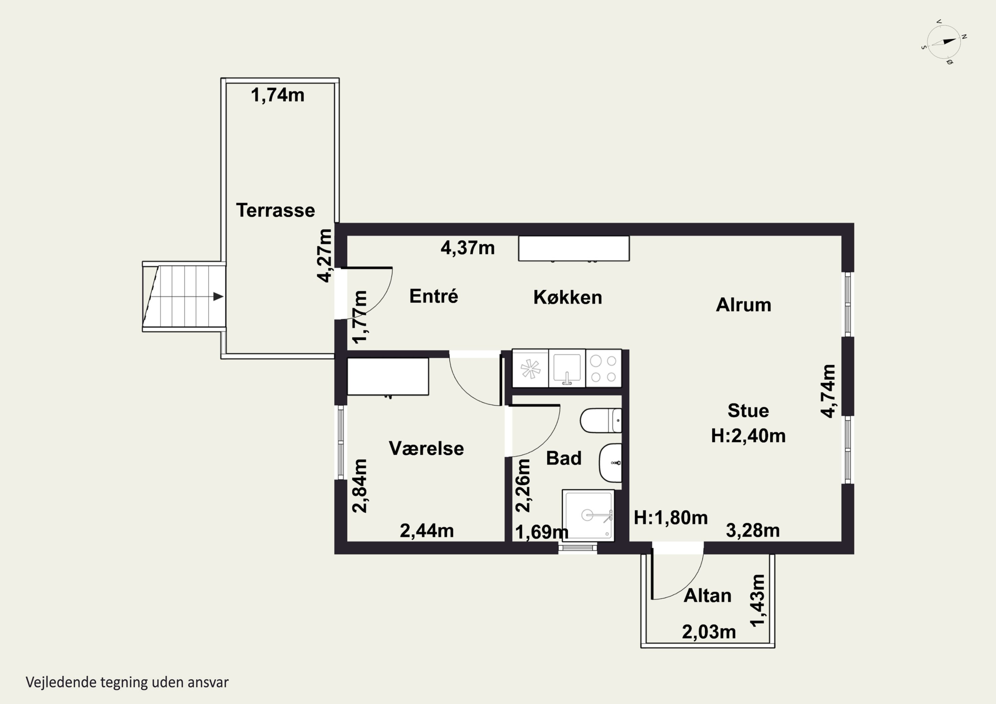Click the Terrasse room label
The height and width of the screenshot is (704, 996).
click(x=276, y=210)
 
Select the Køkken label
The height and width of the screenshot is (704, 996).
click(x=568, y=297)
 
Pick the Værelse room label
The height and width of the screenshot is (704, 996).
click(x=426, y=448)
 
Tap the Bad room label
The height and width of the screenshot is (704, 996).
click(x=563, y=458)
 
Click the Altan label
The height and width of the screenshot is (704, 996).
click(x=707, y=595)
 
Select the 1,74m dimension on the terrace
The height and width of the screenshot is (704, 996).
click(x=278, y=95)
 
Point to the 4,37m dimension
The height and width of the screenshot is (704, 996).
click(x=468, y=248)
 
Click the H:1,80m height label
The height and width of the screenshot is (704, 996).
click(x=671, y=517)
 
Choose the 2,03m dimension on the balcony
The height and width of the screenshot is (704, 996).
click(x=709, y=632)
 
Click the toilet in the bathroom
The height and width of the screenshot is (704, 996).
click(x=601, y=420)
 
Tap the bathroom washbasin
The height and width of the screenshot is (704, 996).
click(x=610, y=463)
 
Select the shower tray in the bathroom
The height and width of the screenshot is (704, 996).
click(x=588, y=516)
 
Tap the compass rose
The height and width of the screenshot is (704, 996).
click(x=944, y=41)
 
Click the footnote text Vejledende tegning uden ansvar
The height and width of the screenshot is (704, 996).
click(x=127, y=682)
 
